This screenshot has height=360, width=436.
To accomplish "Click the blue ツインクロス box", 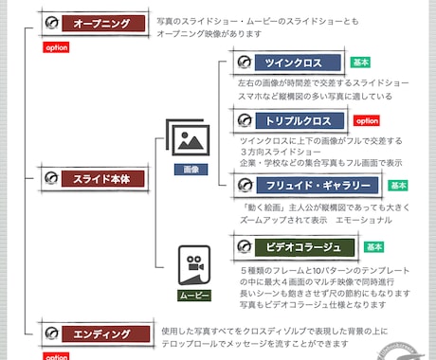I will coord(289,63).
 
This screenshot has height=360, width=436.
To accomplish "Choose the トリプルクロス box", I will coord(289,120).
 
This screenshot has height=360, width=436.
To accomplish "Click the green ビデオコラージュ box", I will coord(289,248).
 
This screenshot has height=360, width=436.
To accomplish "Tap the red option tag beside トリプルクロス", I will coord(367,121).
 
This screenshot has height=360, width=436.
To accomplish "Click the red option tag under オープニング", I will coord(56,45).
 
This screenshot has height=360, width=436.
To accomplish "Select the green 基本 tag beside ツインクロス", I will coord(360,63).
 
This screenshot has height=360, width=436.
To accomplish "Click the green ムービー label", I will coord(193,295).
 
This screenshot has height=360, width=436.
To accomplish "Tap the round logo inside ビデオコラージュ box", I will coord(245,248).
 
